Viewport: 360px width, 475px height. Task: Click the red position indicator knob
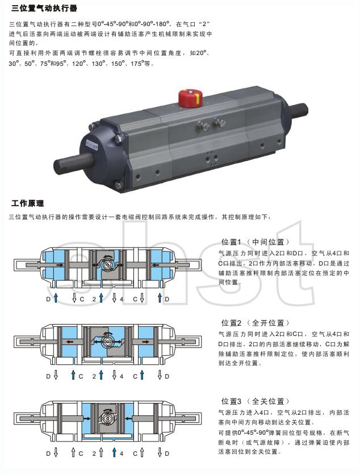(190, 98)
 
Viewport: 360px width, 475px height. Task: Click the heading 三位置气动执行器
(44, 8)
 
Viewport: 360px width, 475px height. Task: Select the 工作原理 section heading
(28, 203)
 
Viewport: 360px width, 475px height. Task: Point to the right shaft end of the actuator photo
(299, 110)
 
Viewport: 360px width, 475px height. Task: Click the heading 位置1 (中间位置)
(255, 242)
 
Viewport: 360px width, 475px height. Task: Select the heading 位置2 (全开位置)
(255, 322)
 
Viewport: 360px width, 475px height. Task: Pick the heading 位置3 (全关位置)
(255, 401)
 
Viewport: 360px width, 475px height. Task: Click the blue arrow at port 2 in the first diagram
(101, 298)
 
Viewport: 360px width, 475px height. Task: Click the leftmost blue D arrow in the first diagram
(56, 298)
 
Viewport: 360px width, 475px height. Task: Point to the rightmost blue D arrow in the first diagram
(160, 298)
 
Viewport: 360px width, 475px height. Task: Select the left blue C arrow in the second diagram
(73, 375)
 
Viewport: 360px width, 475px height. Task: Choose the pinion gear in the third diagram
(107, 418)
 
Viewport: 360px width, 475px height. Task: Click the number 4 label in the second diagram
(122, 376)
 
